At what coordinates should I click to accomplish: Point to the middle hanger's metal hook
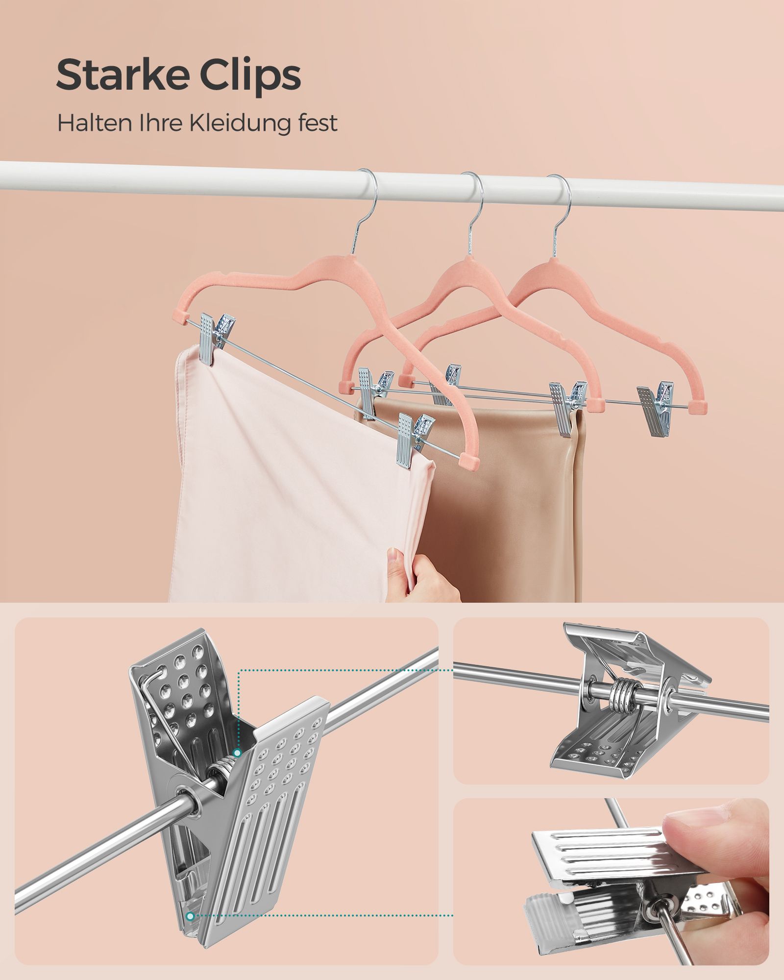(475, 211)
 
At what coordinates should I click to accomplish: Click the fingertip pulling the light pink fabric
(394, 558)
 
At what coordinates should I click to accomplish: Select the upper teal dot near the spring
(237, 766)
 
